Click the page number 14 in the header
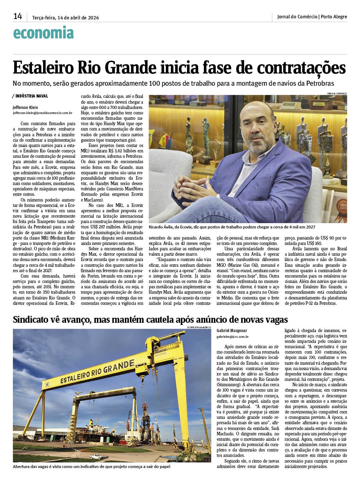[18, 16]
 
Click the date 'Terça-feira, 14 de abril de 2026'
[65, 18]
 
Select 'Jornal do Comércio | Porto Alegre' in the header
[312, 16]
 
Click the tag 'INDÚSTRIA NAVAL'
[32, 96]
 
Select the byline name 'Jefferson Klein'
[25, 107]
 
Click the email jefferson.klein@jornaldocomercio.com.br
[42, 113]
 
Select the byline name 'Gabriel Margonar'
[232, 331]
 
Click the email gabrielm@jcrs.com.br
[232, 337]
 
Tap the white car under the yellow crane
[95, 457]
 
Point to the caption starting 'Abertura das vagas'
[91, 467]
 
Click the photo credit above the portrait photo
[337, 94]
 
